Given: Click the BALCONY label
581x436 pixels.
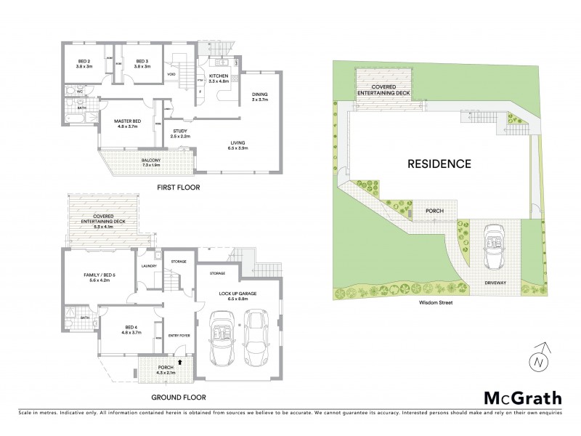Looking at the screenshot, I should [152, 161].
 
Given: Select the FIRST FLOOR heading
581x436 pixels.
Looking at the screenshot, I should [178, 187].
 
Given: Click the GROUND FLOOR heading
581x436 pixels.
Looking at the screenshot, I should [178, 397].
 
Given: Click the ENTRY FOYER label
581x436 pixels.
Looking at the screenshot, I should [179, 336].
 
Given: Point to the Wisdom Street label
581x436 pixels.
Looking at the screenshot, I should [434, 302].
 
